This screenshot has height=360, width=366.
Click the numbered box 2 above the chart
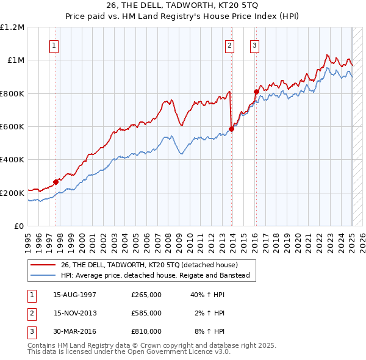[x=230, y=45]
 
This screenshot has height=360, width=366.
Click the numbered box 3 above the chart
[x=254, y=45]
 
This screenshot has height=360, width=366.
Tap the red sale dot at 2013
[x=232, y=129]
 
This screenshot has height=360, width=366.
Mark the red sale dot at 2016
[x=257, y=92]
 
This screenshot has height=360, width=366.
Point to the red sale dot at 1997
[x=56, y=181]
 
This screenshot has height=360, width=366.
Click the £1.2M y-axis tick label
[x=12, y=27]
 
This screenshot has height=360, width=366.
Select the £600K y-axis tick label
[x=12, y=127]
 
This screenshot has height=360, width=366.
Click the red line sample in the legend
[x=42, y=264]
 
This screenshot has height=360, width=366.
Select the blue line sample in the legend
[x=42, y=275]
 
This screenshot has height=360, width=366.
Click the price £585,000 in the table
[x=146, y=313]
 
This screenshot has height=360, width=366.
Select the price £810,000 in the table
[x=146, y=331]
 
